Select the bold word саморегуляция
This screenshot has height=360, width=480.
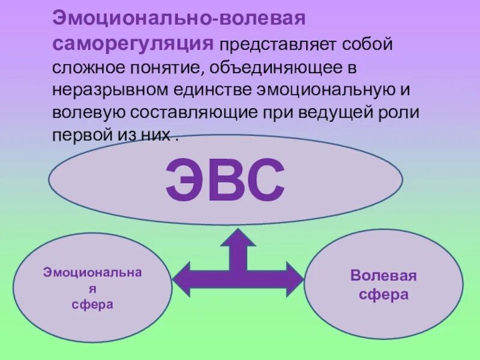[133, 43]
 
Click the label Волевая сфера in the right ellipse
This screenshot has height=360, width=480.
[383, 285]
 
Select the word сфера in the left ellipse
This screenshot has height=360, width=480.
[92, 304]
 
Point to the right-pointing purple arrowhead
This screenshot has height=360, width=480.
[294, 280]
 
